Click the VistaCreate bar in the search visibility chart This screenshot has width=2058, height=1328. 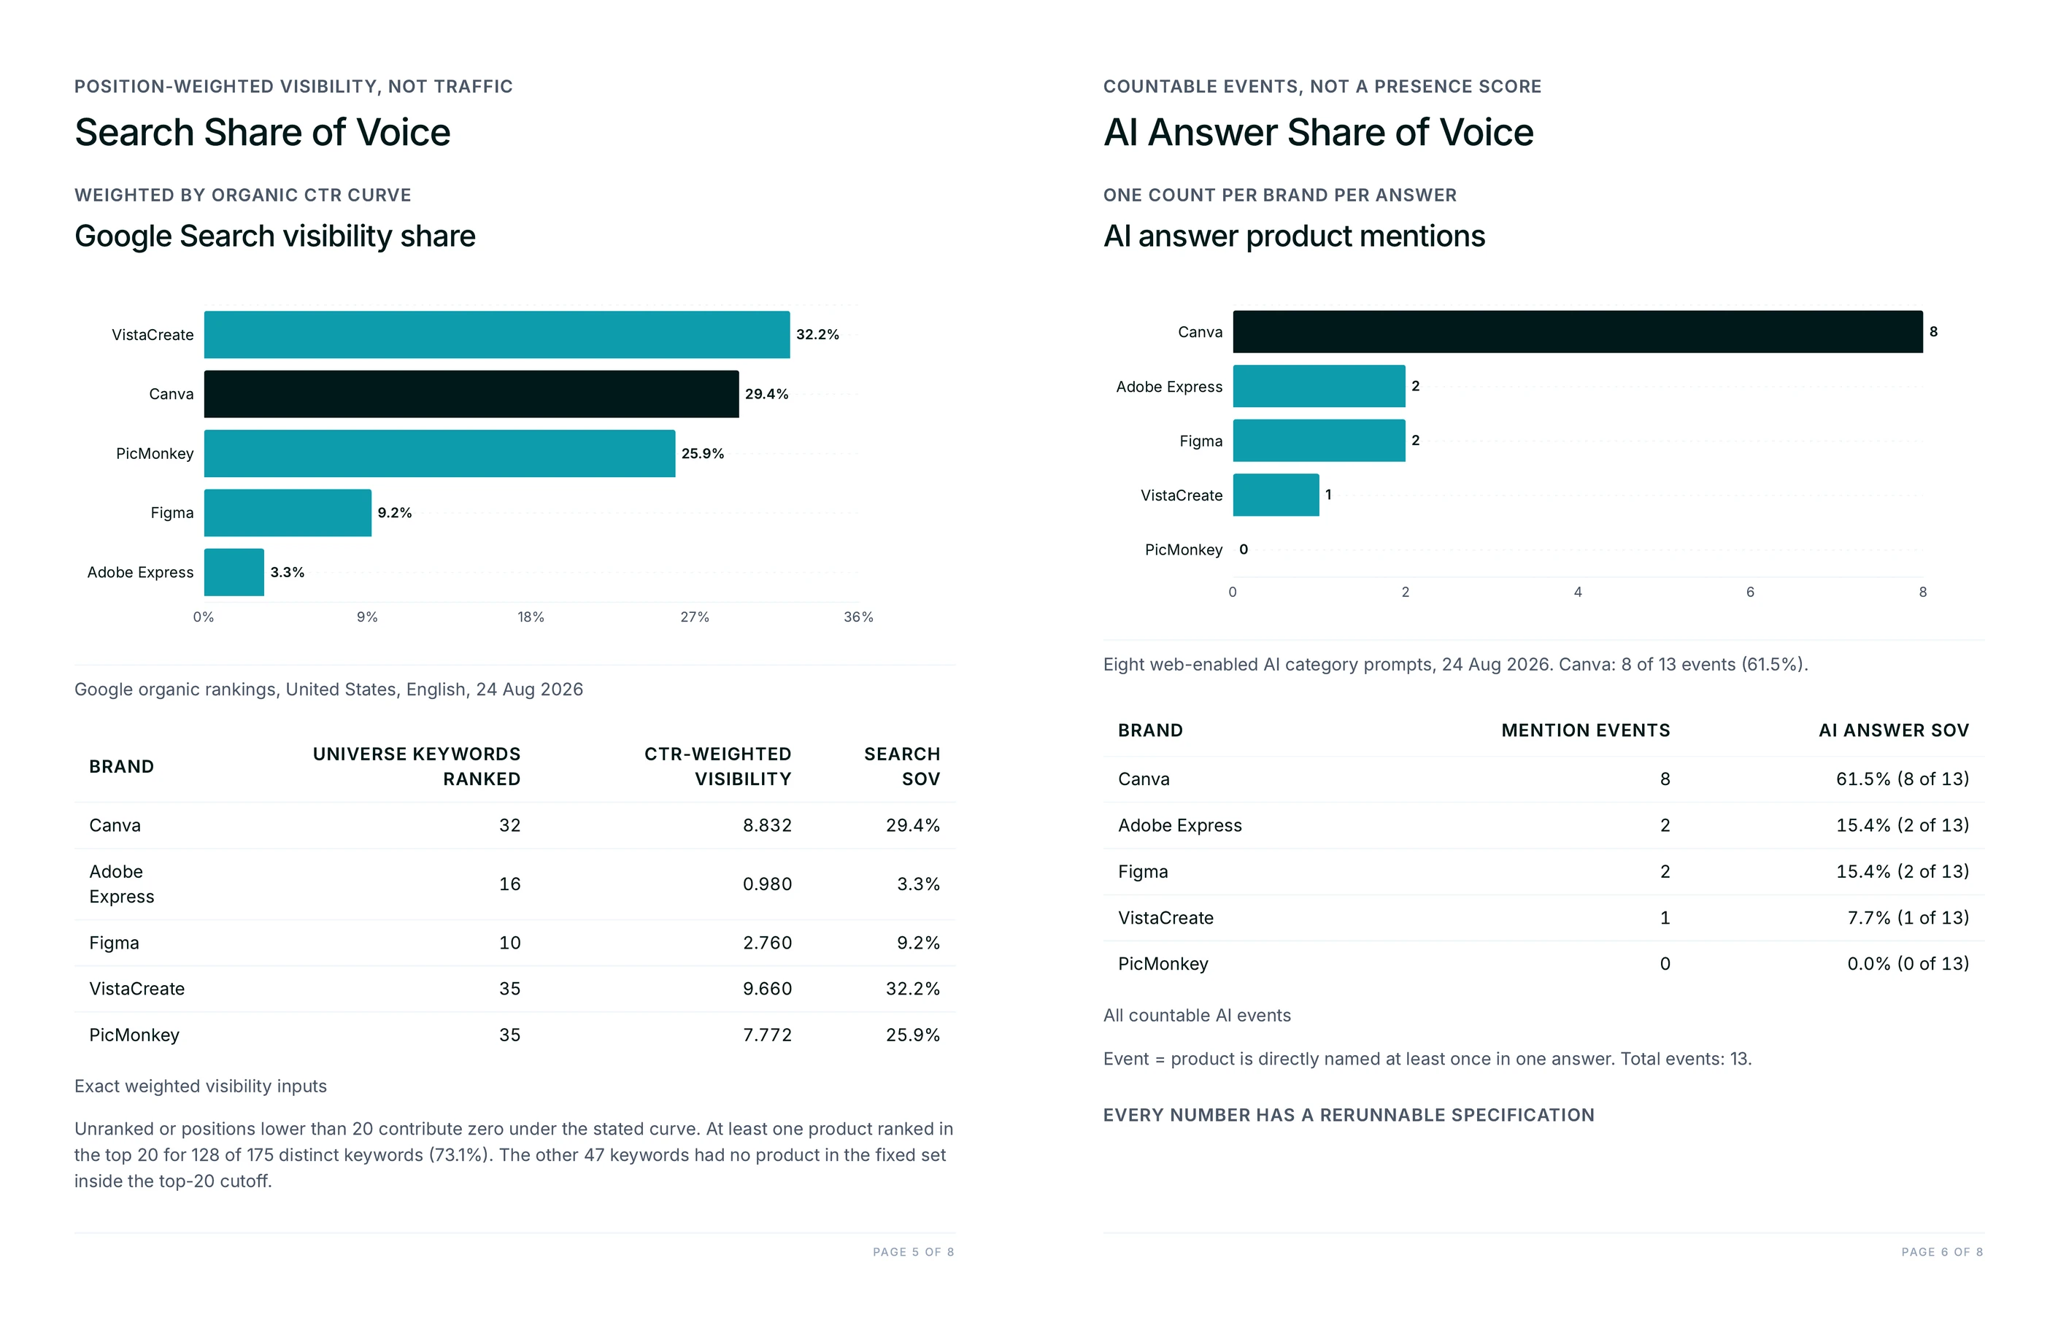497,335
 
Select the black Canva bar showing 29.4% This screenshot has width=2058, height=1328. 471,394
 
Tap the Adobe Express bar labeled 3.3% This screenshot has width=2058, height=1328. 234,572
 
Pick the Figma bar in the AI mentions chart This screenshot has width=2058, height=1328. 1319,441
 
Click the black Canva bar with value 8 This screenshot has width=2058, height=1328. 1578,332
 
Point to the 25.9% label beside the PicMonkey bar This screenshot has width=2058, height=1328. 703,454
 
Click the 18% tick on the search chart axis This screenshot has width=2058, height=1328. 531,617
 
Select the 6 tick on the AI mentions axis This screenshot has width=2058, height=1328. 1750,592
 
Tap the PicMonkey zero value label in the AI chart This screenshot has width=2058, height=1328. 1244,549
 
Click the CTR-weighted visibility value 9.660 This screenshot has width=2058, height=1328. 768,989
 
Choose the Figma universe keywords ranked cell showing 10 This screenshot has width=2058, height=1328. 509,943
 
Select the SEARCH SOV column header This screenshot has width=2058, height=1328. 902,767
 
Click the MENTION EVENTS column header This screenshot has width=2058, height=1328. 1585,730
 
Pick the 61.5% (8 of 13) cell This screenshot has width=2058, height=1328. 1903,779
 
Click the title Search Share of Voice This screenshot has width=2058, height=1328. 262,133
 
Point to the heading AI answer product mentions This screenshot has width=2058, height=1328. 1294,236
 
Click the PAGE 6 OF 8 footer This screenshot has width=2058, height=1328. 1943,1252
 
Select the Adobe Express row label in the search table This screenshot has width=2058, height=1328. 122,884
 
